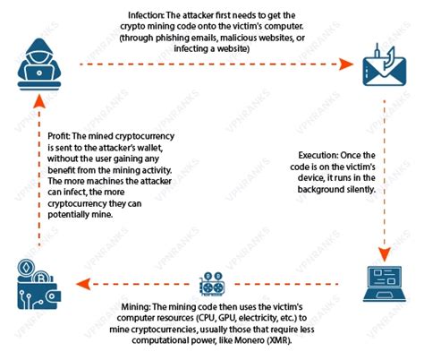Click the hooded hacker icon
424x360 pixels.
[39, 64]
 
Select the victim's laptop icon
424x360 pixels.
[385, 284]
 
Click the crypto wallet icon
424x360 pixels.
[38, 284]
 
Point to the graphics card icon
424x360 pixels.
[212, 284]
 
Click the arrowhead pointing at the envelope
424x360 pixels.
[346, 64]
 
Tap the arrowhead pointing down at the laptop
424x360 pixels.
[385, 254]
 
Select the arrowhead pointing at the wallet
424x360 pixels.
[83, 284]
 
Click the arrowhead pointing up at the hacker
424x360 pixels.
[39, 101]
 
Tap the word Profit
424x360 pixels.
[59, 136]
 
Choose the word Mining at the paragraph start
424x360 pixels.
[136, 307]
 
